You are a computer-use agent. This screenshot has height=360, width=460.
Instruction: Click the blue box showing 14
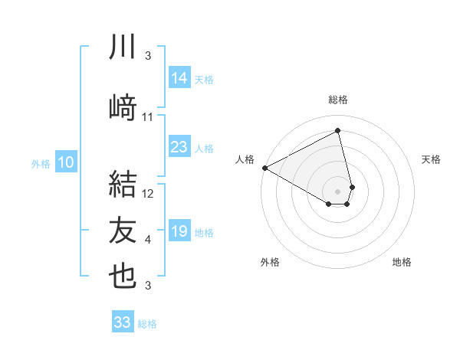179,77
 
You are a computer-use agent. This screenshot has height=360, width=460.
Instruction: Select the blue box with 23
179,147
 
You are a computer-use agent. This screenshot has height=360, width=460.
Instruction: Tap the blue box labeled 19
179,231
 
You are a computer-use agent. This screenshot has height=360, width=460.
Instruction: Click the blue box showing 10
65,162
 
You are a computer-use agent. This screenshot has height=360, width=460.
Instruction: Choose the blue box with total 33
123,322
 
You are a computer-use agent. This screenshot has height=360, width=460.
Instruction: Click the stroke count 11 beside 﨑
148,117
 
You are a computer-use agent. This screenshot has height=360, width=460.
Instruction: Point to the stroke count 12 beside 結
149,194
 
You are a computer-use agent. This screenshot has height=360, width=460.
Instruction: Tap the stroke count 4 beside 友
148,241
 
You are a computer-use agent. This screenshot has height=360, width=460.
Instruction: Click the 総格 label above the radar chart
338,100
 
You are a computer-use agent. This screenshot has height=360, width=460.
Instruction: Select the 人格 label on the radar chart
245,159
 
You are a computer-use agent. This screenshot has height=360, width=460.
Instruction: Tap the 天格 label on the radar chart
432,159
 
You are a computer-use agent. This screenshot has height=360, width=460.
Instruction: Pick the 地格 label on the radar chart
402,262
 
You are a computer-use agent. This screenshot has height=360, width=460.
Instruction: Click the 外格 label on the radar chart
270,262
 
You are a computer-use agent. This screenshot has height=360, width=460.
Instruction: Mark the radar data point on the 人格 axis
264,168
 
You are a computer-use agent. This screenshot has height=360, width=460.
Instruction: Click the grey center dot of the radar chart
338,191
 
